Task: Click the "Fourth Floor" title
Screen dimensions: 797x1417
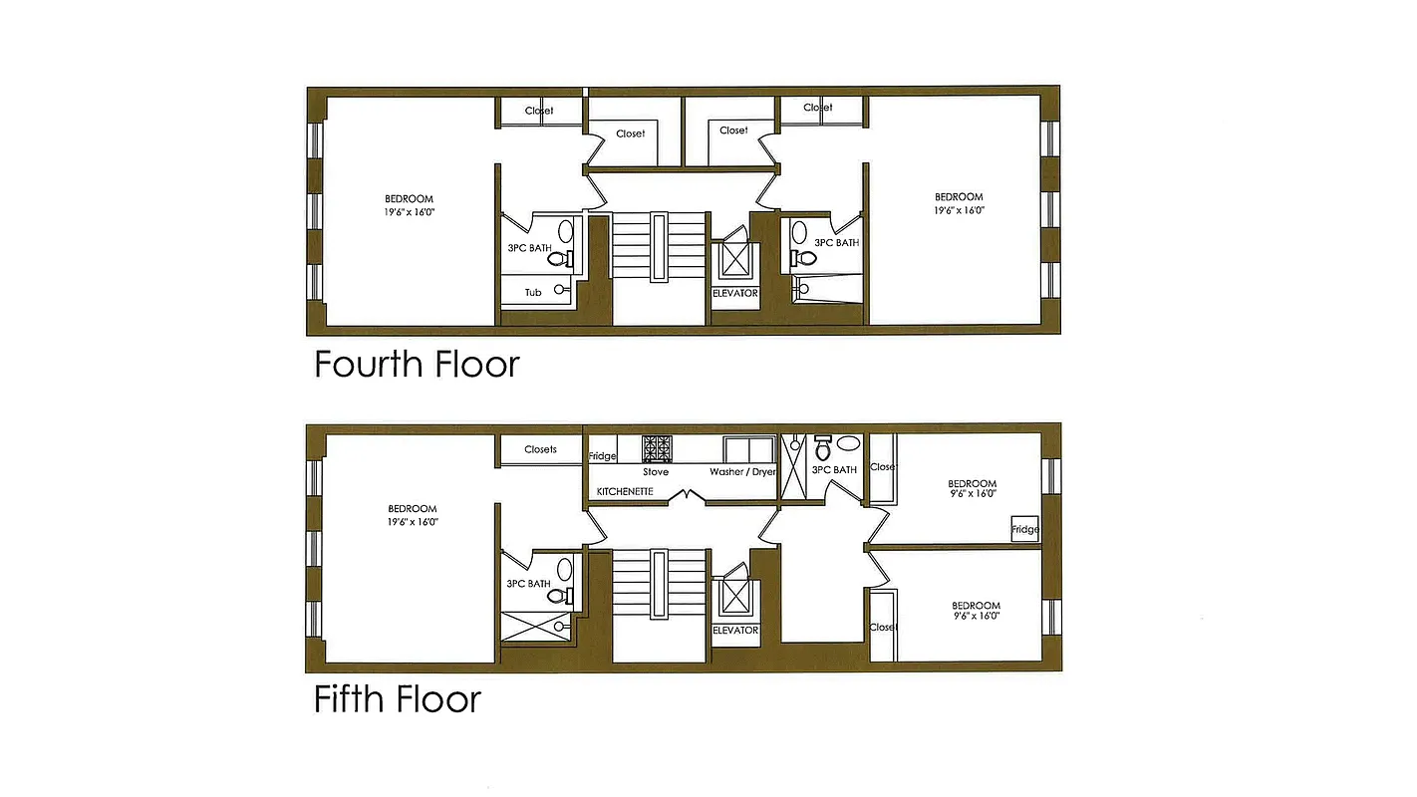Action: tap(417, 365)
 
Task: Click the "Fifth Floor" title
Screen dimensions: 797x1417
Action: tap(398, 699)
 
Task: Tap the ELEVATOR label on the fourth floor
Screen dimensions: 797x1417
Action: tap(735, 293)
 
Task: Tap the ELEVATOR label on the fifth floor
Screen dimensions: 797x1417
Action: tap(735, 630)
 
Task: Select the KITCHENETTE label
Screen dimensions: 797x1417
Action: tap(625, 492)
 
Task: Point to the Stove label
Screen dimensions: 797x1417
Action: tap(656, 471)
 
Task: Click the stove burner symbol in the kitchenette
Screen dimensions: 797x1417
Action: tap(657, 448)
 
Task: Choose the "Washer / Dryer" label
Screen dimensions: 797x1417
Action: tap(742, 471)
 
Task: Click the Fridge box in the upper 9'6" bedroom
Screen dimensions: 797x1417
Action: tap(1024, 529)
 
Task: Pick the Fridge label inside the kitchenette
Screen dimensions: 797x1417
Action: tap(602, 456)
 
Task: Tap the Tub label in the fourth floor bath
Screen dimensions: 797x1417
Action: tap(533, 292)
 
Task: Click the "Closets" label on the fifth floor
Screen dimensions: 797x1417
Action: tap(540, 449)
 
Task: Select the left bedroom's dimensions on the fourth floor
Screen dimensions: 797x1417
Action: tap(410, 212)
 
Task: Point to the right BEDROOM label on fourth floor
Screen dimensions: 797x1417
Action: tap(959, 197)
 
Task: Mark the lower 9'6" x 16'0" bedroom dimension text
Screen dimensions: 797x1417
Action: tap(976, 617)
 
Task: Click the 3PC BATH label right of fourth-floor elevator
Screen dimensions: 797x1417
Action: tap(836, 242)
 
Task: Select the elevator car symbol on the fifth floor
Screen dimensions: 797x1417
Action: tap(736, 597)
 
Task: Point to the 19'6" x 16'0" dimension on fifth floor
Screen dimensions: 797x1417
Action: tap(412, 521)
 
